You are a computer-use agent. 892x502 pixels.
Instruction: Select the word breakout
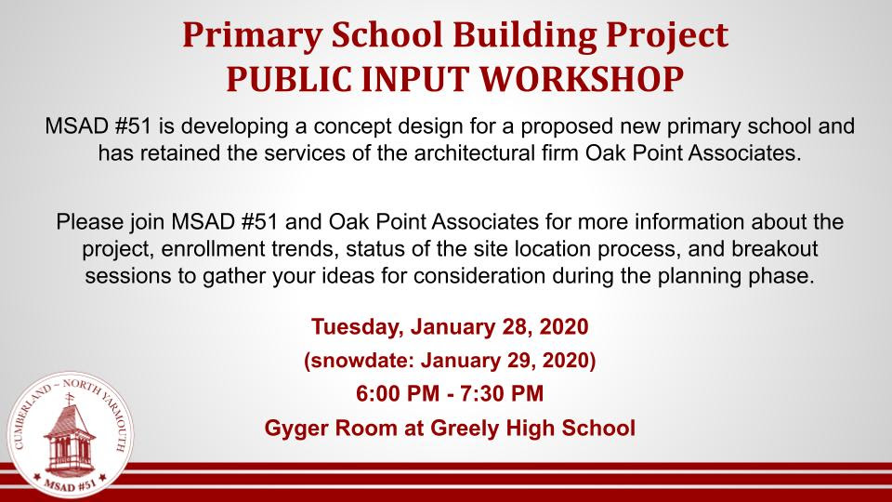(774, 249)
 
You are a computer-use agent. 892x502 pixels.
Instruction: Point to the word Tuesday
(358, 326)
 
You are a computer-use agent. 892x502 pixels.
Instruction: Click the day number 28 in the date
(515, 326)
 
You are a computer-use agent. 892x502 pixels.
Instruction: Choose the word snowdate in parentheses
(360, 361)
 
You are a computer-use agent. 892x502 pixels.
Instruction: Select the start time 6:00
(376, 394)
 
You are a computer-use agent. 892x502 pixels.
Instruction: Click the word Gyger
(296, 428)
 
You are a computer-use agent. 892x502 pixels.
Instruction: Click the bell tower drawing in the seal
(70, 435)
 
